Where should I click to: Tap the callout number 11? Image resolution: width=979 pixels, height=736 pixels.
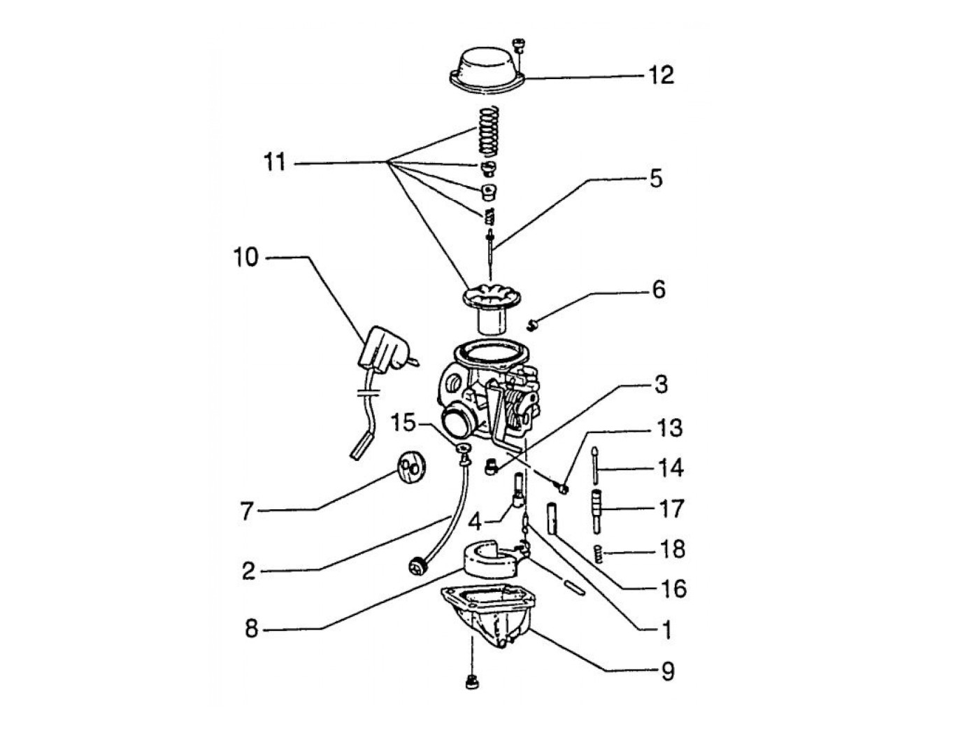(274, 163)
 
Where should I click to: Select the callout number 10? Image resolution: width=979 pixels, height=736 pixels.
(245, 257)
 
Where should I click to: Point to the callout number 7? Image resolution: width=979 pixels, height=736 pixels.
(245, 512)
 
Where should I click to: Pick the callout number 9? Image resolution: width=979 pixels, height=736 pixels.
(668, 672)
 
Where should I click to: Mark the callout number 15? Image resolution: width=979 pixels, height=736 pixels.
(403, 423)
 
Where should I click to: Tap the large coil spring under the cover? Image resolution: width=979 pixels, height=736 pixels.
(487, 130)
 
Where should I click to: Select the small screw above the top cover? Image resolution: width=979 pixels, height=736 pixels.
(518, 45)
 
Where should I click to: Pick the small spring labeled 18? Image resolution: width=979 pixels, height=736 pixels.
(598, 553)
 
